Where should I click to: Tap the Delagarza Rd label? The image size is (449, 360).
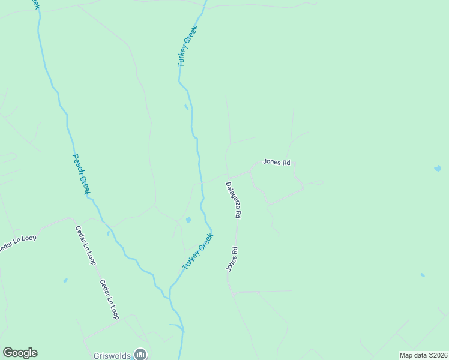(234, 200)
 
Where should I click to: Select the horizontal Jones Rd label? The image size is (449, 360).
(276, 162)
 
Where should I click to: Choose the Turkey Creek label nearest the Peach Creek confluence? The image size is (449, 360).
(198, 251)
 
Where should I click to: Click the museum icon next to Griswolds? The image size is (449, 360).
(141, 355)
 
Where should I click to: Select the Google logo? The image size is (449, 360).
(20, 353)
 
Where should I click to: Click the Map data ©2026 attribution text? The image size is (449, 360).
(423, 355)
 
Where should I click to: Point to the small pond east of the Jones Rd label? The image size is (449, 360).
(436, 169)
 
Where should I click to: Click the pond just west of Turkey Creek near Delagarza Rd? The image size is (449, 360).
(188, 220)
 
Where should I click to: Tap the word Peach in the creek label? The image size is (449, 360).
(77, 163)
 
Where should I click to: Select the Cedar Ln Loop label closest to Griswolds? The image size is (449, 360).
(110, 299)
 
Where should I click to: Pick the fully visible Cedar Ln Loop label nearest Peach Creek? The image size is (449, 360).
(85, 245)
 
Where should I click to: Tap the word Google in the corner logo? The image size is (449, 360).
(20, 353)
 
